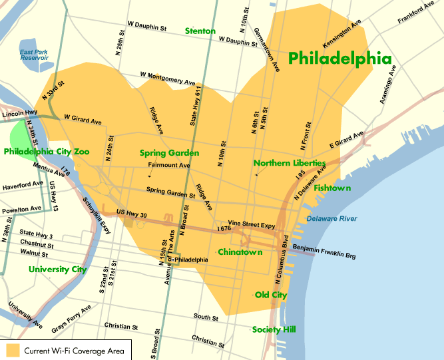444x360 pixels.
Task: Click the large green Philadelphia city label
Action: point(339,59)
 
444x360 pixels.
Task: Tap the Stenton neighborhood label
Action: point(200,31)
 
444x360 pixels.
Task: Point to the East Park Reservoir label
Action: point(35,55)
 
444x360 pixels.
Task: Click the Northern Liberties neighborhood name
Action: point(290,162)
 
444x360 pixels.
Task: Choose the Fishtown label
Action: point(332,188)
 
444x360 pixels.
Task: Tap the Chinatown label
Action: point(240,252)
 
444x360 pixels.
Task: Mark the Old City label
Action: point(271,295)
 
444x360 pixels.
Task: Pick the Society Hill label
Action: point(274,329)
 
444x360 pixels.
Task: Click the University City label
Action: point(57,270)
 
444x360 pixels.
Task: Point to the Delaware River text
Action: point(332,219)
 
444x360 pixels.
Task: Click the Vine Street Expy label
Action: point(252,226)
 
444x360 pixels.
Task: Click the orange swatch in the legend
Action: point(12,349)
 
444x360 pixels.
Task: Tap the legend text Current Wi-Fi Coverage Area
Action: point(71,349)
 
